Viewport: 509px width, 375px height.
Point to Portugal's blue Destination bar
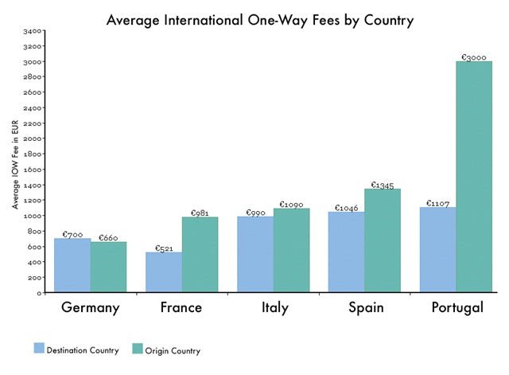(x=437, y=250)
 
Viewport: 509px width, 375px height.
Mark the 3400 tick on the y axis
(x=33, y=31)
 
